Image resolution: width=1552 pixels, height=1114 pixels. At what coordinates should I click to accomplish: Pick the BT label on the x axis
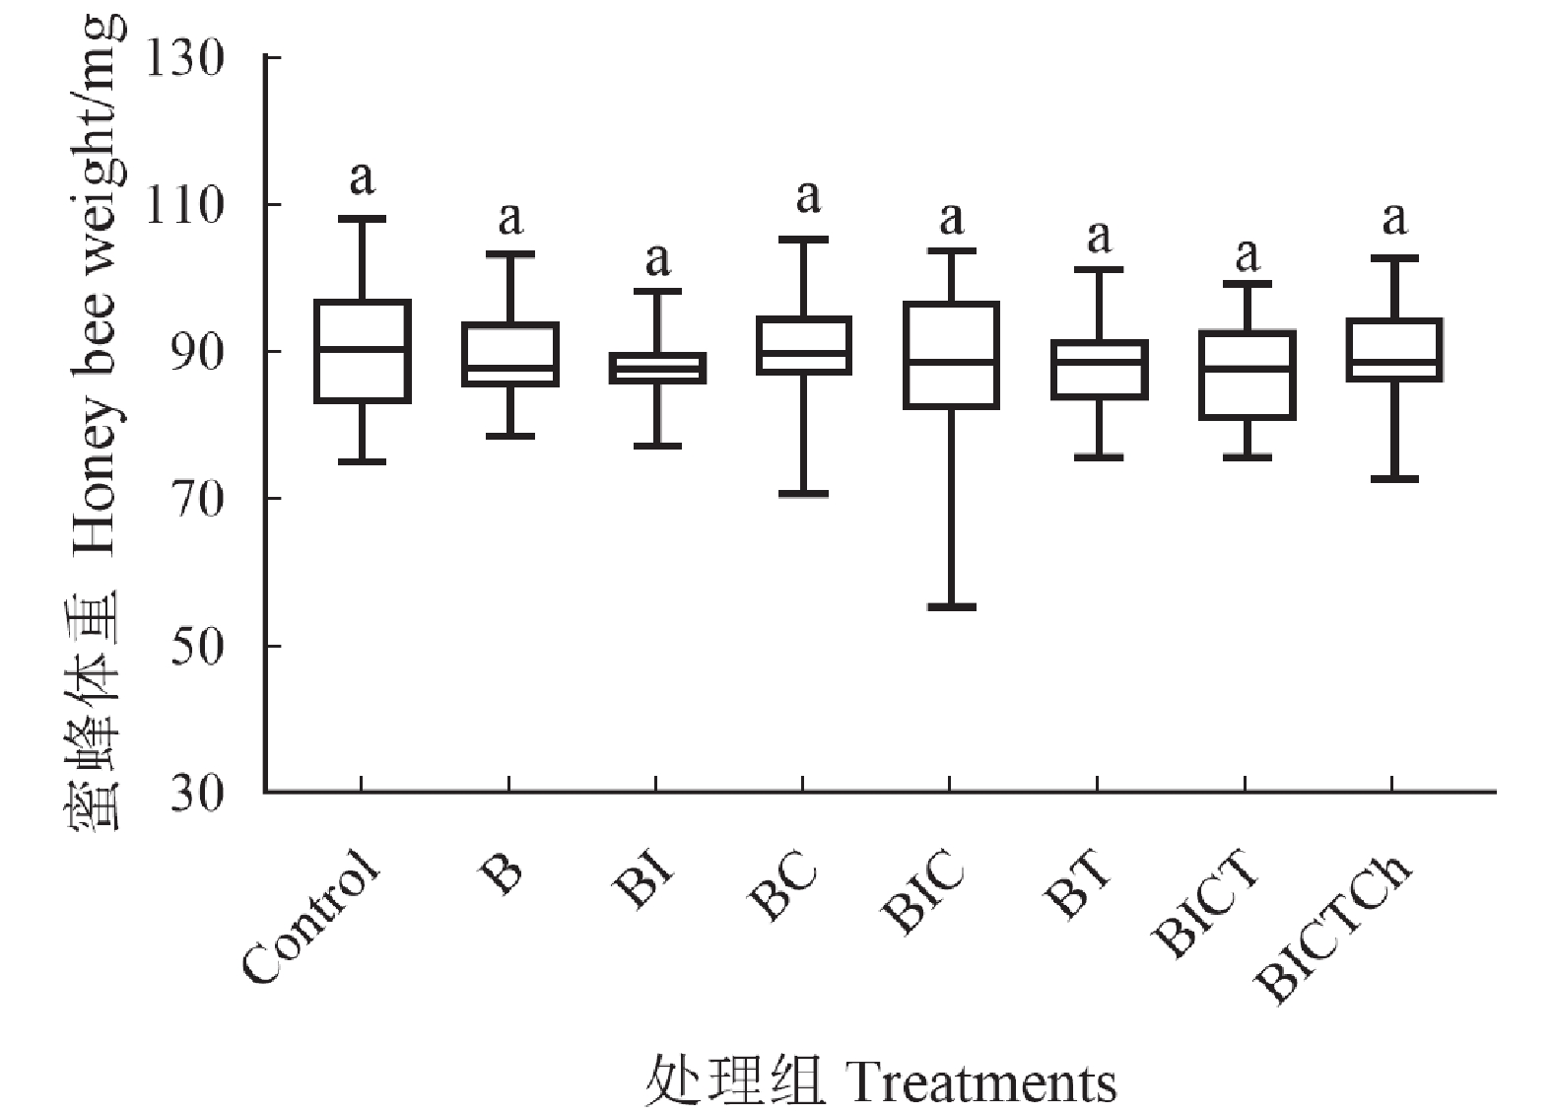coord(1079,886)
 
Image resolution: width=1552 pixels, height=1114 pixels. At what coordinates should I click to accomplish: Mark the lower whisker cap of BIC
coord(951,606)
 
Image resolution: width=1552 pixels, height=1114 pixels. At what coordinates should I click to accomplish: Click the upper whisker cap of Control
coord(363,219)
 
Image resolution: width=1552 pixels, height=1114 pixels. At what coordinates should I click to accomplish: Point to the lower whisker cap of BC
coord(804,493)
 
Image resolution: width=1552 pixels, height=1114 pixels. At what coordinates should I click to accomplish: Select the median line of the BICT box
coord(1247,368)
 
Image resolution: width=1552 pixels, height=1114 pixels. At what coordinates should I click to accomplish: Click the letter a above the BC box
coord(808,197)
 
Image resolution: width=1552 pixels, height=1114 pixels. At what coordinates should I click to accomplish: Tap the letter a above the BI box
coord(657,260)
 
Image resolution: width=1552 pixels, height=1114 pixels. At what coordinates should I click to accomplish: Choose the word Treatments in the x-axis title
coord(981,1084)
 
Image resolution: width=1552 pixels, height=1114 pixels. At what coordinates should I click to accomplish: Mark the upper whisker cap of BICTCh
coord(1393,258)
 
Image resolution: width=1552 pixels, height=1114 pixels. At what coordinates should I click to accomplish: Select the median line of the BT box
coord(1100,361)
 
